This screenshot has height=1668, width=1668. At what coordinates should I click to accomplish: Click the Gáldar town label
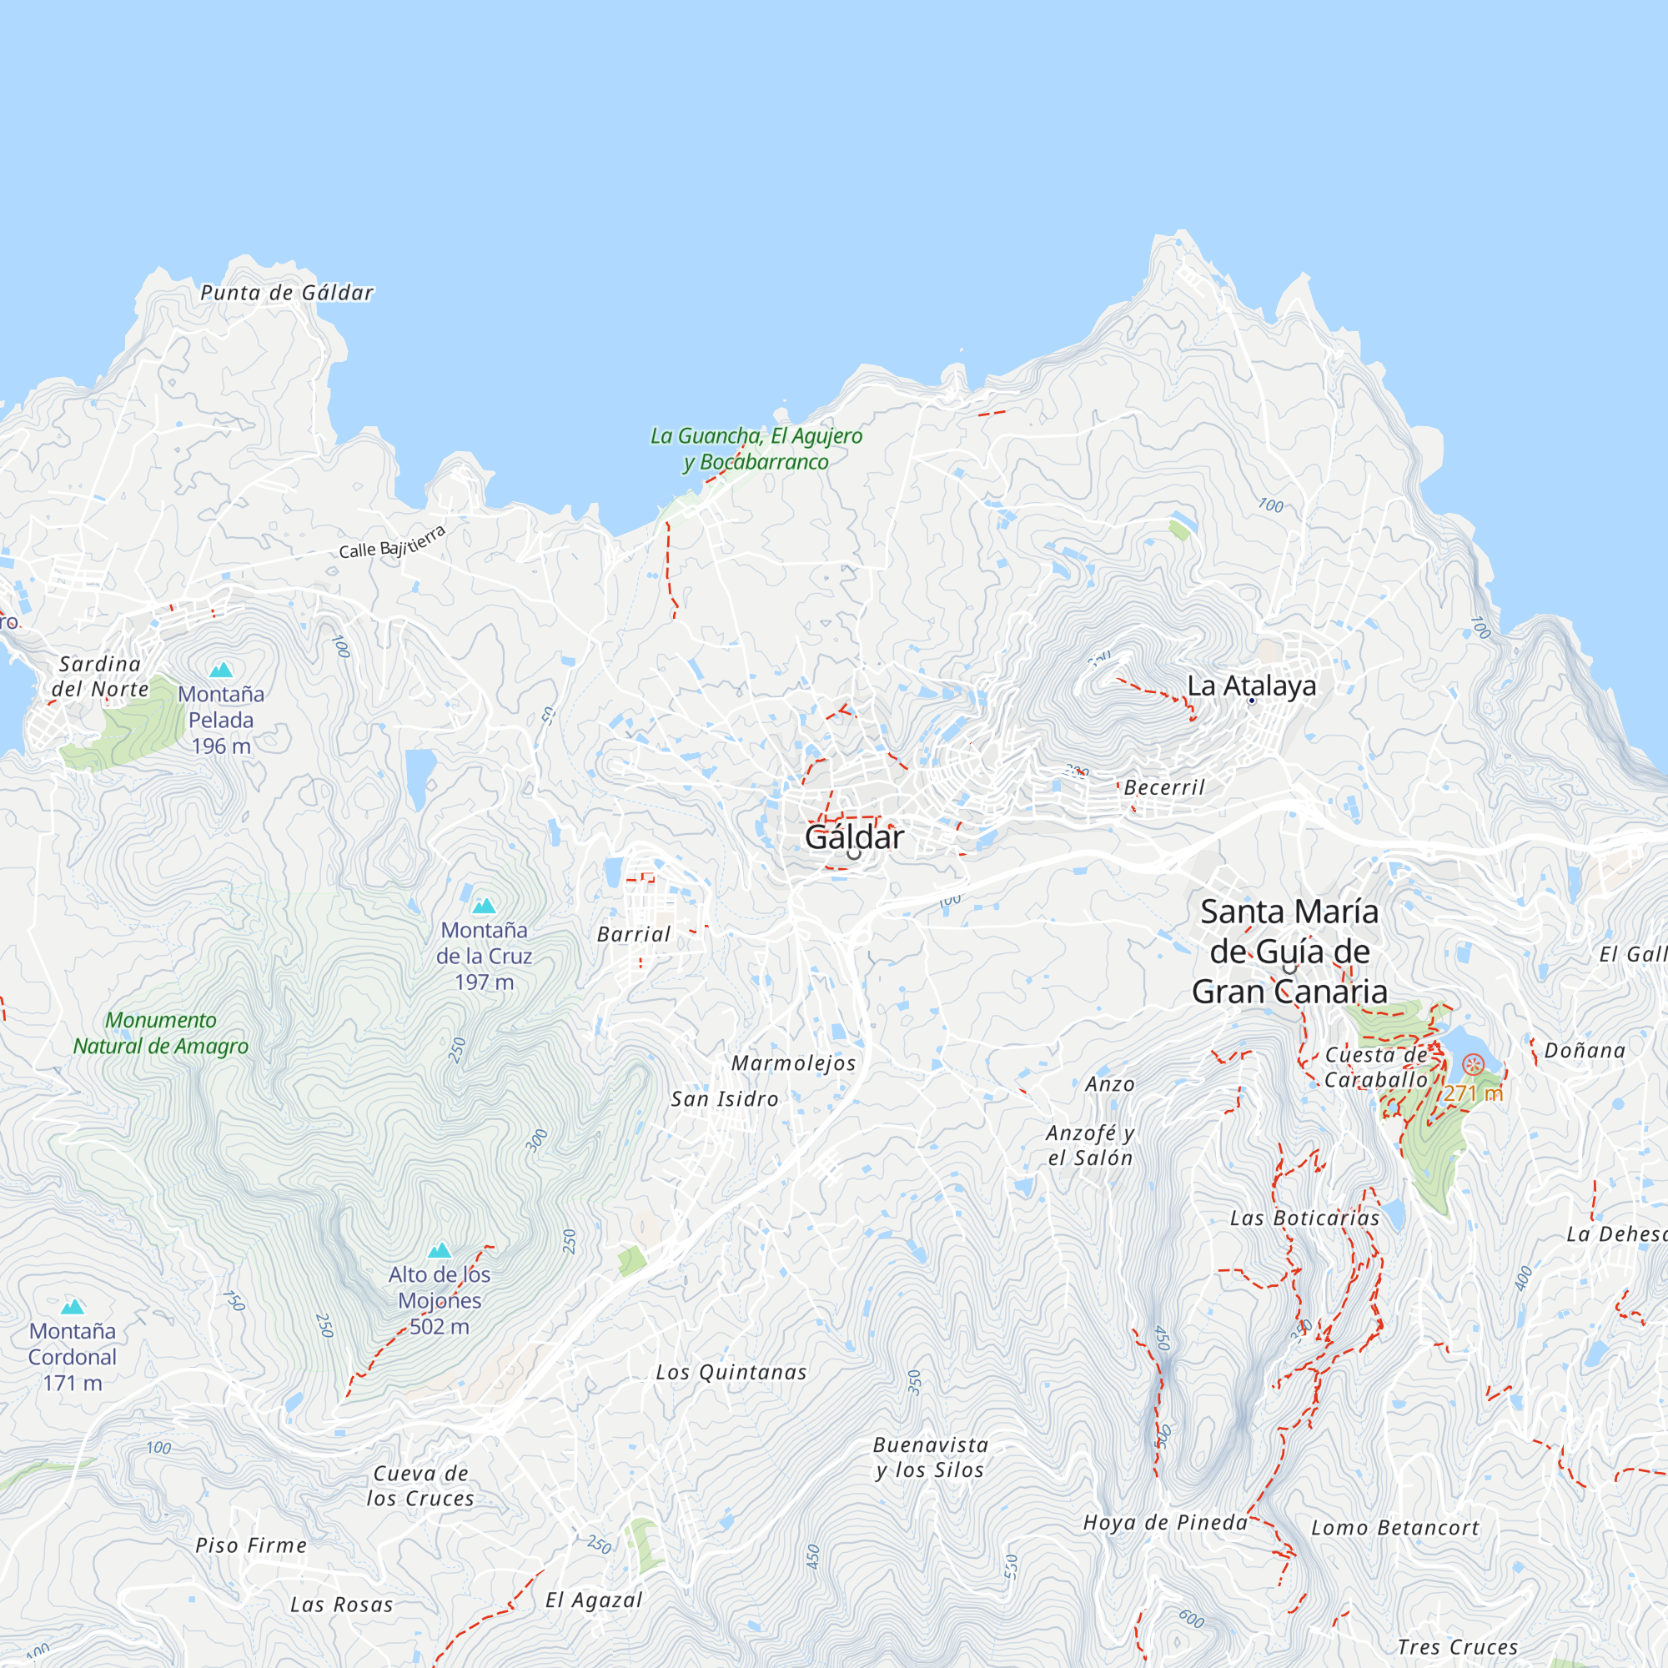(x=854, y=837)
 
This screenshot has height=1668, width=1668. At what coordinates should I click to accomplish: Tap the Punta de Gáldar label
(x=287, y=293)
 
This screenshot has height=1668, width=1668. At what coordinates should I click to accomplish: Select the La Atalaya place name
(x=1251, y=686)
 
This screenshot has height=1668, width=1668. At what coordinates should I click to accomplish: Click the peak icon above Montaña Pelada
(x=222, y=669)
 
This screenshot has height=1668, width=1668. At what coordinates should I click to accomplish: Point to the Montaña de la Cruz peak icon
(x=484, y=906)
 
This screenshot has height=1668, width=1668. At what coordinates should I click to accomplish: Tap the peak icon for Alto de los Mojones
(x=440, y=1250)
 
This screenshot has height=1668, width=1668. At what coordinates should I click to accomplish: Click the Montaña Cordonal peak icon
(x=73, y=1307)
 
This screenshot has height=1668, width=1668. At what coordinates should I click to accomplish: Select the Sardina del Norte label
(x=100, y=676)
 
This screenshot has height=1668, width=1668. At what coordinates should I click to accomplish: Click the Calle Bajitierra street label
(x=392, y=543)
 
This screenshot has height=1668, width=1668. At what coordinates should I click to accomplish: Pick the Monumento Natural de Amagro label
(x=161, y=1032)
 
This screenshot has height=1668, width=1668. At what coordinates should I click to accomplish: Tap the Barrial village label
(x=634, y=934)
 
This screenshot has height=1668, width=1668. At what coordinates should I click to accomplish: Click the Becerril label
(x=1163, y=787)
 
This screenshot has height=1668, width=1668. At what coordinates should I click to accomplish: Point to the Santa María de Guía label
(x=1290, y=952)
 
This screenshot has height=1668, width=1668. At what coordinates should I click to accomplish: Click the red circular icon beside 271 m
(x=1473, y=1063)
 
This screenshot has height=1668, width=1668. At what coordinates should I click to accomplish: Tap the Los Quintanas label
(x=731, y=1372)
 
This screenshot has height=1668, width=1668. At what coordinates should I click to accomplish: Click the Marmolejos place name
(x=793, y=1063)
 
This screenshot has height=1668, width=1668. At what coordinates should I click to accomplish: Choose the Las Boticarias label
(x=1304, y=1218)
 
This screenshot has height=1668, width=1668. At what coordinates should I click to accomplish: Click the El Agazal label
(x=594, y=1600)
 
